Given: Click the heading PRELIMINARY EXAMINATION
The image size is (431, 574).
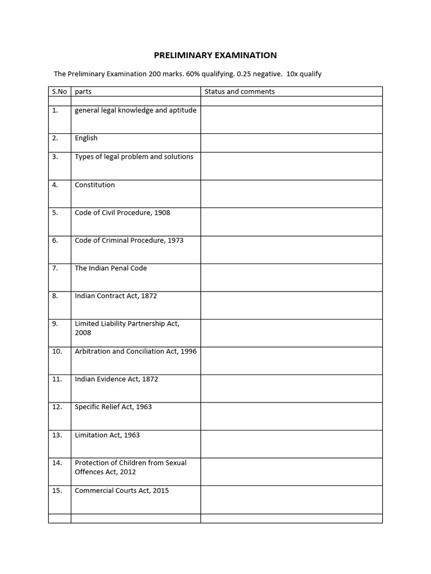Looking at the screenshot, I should tap(215, 55).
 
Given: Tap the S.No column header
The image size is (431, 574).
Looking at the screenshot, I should tap(59, 91).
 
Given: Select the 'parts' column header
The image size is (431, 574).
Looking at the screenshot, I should tap(83, 91).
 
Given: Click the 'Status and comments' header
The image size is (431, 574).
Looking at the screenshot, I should tap(240, 91).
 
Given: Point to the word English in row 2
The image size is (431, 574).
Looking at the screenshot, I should tap(86, 138).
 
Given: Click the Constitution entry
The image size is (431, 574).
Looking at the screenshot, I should tap(94, 185).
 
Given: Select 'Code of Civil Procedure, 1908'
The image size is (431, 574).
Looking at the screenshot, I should tap(122, 213).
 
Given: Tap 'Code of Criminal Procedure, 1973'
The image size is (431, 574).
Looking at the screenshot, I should tap(129, 240).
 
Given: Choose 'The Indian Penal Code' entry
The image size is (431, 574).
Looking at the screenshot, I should tap(111, 269).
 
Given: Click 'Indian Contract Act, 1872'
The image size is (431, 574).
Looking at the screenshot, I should tap(116, 296).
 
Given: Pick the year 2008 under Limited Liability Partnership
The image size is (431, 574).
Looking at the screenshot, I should tap(83, 333).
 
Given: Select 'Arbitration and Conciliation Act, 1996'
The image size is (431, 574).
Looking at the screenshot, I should tap(136, 351).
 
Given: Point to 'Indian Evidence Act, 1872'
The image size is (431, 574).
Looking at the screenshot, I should tap(116, 379).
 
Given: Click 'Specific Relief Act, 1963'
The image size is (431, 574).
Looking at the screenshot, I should tap(113, 407).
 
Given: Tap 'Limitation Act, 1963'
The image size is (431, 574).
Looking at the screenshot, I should tap(107, 435).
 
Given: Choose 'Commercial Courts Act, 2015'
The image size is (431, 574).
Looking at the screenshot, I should tap(122, 490).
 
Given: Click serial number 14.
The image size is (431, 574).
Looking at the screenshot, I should tap(57, 463).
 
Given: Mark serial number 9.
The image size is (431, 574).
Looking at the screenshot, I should tap(55, 324).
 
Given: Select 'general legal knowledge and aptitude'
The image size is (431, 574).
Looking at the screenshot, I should tap(136, 110).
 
